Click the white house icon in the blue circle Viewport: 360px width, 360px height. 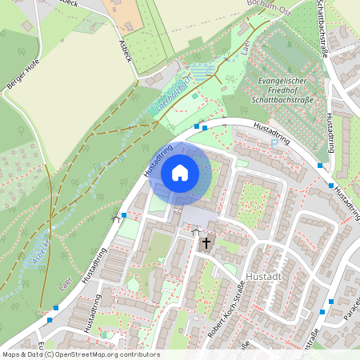pos(180,172)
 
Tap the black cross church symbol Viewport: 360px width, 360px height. pos(206,242)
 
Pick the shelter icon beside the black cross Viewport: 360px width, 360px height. pos(194,232)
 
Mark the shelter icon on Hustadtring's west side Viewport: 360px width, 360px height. pos(114,217)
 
